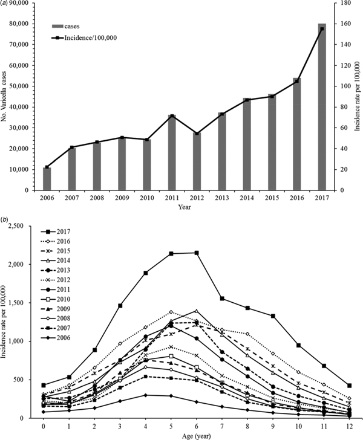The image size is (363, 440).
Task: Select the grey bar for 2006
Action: (47, 178)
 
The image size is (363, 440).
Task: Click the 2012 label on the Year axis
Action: (197, 198)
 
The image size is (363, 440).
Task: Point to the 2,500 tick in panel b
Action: (25, 225)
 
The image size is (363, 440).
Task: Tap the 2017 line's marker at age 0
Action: (44, 385)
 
